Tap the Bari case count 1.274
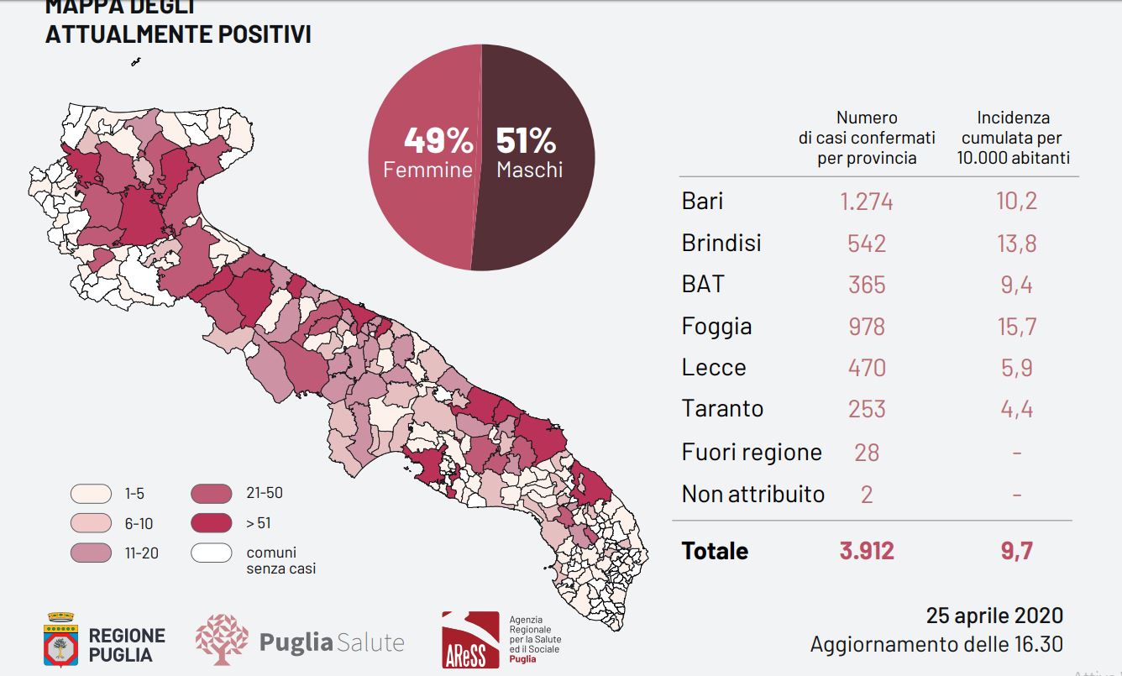[x=867, y=202]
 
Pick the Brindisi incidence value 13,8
[x=1017, y=244]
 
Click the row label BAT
[x=703, y=284]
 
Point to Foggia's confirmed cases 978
[x=867, y=326]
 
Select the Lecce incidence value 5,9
[x=1017, y=367]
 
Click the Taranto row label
[x=722, y=409]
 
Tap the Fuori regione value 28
[x=867, y=452]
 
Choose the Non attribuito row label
[x=752, y=494]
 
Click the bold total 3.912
[x=867, y=551]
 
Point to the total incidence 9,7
[x=1017, y=551]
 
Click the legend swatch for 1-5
[x=91, y=494]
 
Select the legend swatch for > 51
[x=211, y=523]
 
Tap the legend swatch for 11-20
[x=91, y=553]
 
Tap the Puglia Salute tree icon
[x=222, y=640]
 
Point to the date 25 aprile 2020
[x=994, y=616]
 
